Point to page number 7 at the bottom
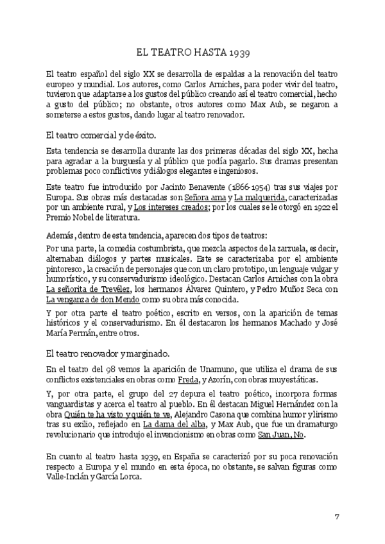(x=337, y=516)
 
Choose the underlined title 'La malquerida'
(x=260, y=196)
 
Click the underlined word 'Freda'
(x=188, y=380)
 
